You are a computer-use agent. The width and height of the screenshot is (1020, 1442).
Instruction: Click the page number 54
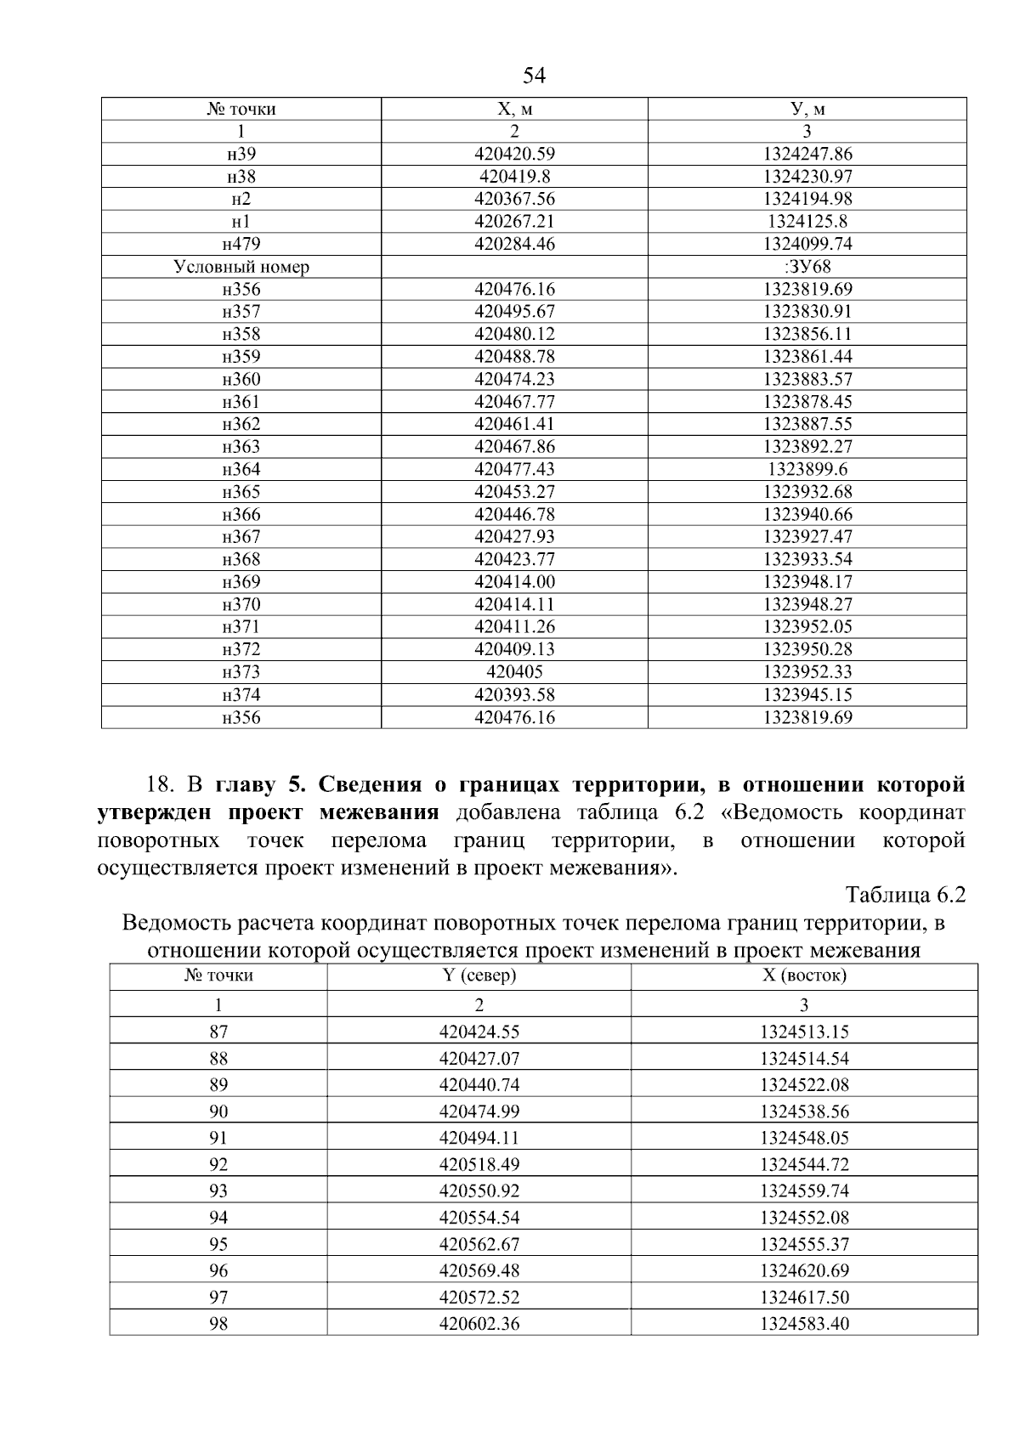[534, 76]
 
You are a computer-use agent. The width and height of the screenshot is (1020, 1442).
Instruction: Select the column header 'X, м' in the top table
[514, 109]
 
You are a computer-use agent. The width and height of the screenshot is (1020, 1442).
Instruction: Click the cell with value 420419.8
[514, 177]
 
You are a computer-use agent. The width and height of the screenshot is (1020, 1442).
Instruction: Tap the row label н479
[241, 244]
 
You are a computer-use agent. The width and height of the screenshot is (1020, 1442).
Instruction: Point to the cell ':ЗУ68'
[807, 267]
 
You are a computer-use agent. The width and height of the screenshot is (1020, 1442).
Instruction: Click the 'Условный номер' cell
[241, 267]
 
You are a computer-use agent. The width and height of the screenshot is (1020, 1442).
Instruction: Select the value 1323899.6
[807, 469]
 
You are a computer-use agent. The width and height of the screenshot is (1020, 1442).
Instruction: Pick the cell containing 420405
[514, 672]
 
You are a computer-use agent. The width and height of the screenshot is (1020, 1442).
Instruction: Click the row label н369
[241, 582]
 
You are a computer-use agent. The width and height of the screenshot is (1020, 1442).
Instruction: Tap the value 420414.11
[514, 604]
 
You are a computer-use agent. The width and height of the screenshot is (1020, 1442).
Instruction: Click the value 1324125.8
[807, 222]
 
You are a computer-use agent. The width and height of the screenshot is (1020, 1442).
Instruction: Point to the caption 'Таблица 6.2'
[905, 895]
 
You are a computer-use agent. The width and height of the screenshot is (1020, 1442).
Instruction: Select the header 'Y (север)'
[479, 975]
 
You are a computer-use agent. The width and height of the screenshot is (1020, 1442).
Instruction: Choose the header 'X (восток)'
[804, 975]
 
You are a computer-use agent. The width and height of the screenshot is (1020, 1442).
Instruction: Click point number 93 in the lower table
[218, 1190]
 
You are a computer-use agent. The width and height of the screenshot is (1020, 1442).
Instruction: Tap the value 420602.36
[479, 1323]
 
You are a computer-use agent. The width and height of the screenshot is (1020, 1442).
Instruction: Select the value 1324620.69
[804, 1270]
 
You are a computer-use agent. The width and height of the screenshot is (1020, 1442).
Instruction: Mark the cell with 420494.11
[479, 1138]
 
